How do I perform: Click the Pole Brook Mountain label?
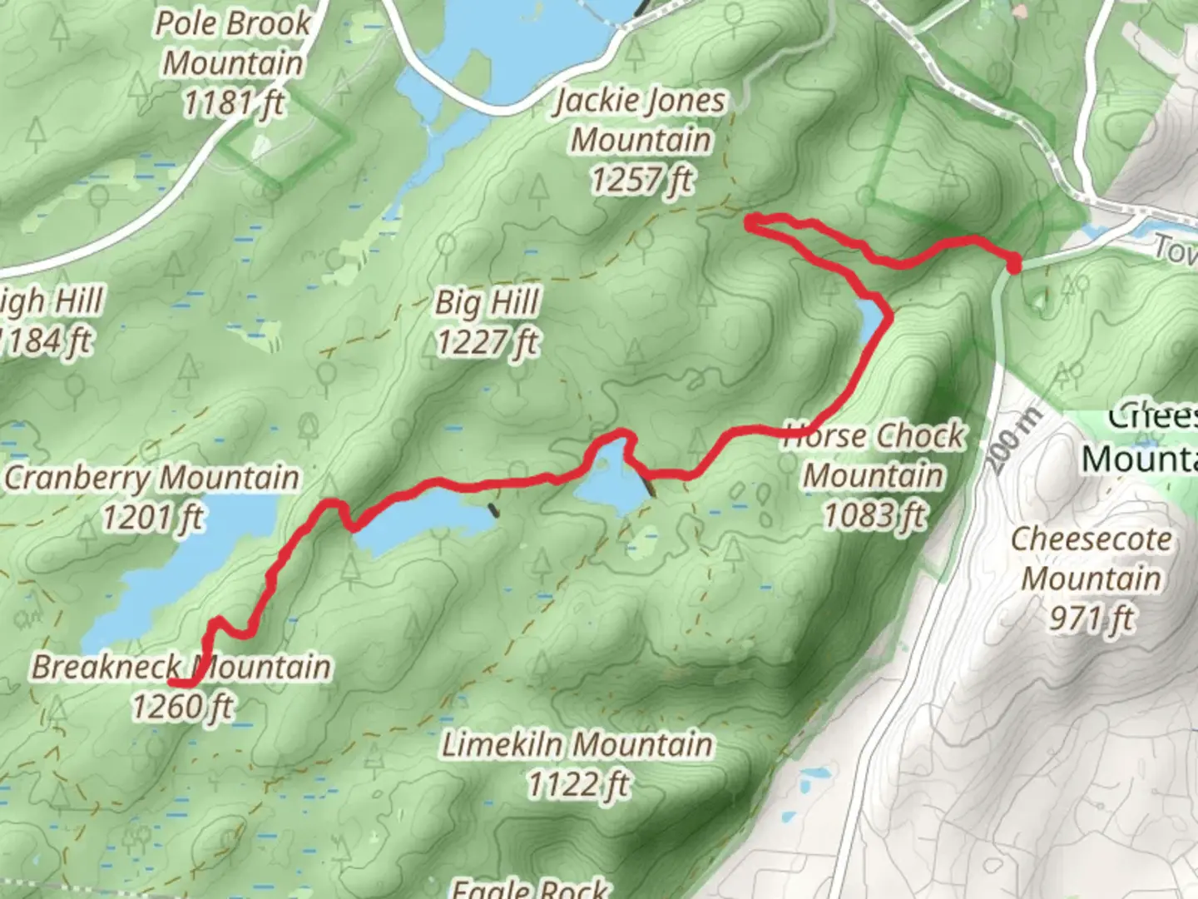pos(233,43)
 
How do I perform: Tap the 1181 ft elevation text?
pos(233,103)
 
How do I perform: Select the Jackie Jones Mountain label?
pos(641,120)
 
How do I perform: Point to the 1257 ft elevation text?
pos(641,179)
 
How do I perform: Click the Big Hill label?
pos(488,302)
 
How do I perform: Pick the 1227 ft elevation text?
pos(488,342)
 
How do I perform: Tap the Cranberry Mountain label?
pos(152,478)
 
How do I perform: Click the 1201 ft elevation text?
pos(152,518)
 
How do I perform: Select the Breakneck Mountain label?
pos(181,667)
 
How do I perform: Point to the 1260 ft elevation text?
pos(183,707)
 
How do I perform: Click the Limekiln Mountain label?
pos(577,744)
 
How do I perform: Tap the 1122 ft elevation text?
pos(578,784)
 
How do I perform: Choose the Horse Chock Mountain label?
pos(875,455)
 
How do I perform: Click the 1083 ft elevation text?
pos(874,515)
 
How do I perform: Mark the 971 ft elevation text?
pos(1091,618)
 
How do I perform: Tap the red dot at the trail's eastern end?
pos(1013,266)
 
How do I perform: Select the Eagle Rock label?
pos(530,887)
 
